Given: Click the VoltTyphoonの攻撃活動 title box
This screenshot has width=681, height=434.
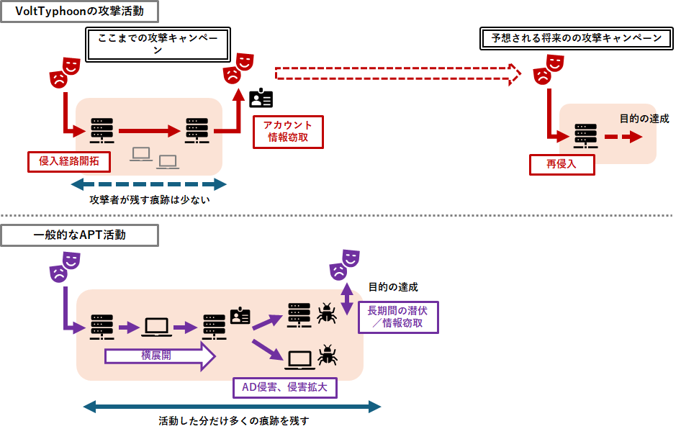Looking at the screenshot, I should tap(79, 12).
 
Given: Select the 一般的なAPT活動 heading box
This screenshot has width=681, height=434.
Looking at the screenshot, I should tap(79, 235).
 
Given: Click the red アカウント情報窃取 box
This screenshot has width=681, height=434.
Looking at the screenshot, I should tap(288, 132).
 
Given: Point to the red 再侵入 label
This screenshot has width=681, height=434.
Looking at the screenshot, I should tap(562, 164).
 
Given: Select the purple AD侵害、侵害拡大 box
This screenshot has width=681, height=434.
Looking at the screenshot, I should tap(284, 388).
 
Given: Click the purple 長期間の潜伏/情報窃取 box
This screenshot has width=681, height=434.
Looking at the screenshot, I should tap(397, 317).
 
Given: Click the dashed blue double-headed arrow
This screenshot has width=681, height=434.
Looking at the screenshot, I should tap(149, 185).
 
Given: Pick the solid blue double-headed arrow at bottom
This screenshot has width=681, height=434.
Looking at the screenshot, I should tap(232, 407).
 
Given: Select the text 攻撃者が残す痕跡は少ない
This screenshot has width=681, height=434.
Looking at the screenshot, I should tap(149, 200).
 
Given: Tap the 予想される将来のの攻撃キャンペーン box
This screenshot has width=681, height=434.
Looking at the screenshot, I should tap(576, 39).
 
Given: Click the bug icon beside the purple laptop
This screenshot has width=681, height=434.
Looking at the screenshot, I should tap(327, 355).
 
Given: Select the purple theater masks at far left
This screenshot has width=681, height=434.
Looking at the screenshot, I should tap(63, 266).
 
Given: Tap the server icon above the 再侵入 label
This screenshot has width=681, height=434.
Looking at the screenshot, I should tap(585, 137).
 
